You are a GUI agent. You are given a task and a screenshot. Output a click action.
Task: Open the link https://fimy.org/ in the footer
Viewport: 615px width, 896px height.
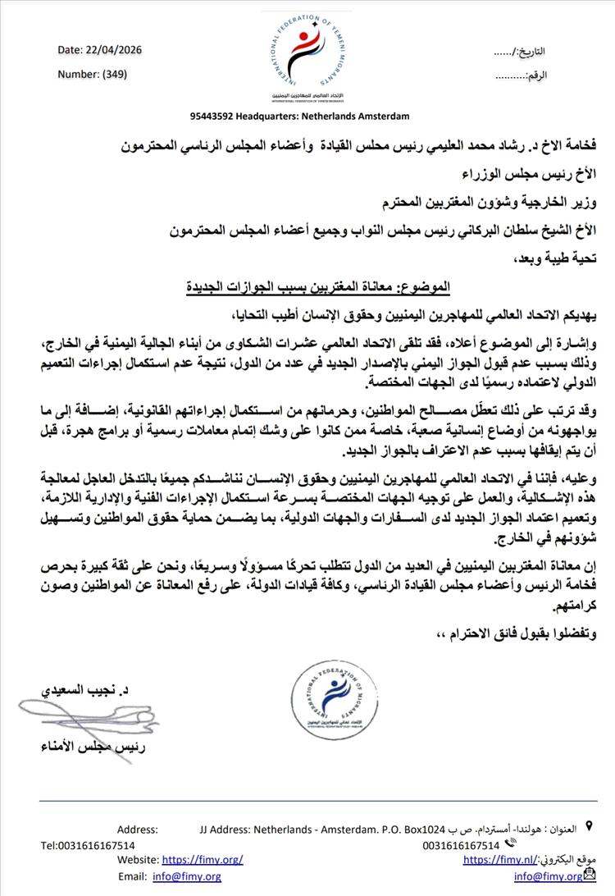(203, 859)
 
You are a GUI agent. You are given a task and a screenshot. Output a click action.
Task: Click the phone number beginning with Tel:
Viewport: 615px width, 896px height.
(89, 844)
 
